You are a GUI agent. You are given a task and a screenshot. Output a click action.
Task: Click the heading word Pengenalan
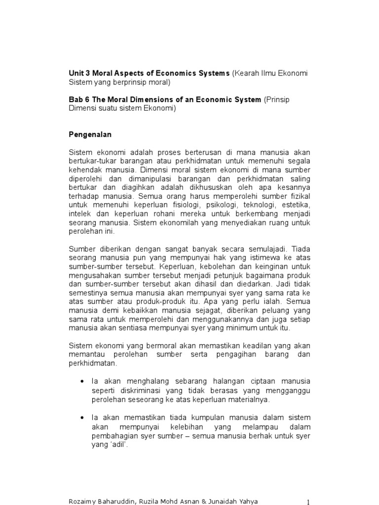(90, 134)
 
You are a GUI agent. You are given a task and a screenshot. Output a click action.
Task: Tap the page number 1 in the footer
(308, 502)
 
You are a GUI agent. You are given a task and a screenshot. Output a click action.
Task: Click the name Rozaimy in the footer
(82, 502)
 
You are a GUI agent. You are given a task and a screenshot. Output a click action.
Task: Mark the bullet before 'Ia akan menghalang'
(81, 382)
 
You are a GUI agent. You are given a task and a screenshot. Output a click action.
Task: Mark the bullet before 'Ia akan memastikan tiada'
(81, 418)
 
